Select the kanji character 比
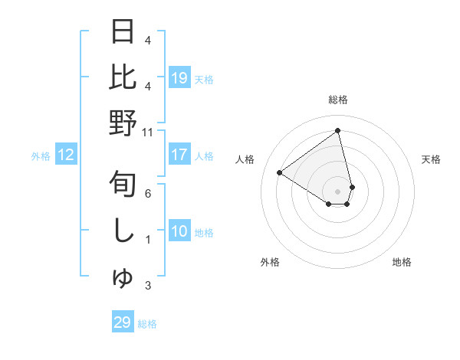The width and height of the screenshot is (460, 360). (123, 77)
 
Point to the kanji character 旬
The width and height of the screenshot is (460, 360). (123, 185)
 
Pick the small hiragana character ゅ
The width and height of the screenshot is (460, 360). (123, 280)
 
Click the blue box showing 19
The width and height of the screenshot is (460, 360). (179, 77)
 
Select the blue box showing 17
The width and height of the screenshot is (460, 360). (179, 155)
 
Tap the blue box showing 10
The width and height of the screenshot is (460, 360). (179, 231)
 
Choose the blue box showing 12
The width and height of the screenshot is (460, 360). (65, 155)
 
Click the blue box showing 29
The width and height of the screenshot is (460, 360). (122, 322)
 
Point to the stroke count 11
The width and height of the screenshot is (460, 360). (147, 132)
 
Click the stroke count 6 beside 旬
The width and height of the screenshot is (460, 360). (147, 194)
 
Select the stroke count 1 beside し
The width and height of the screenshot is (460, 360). (147, 240)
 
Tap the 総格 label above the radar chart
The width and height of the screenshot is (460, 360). (338, 100)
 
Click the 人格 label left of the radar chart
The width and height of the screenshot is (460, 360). (245, 159)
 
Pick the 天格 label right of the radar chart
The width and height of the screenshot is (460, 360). (431, 159)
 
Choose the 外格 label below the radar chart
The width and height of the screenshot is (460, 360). (270, 262)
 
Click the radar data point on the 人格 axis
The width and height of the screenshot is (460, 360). (280, 172)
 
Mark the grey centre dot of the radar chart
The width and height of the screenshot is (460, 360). (338, 191)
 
